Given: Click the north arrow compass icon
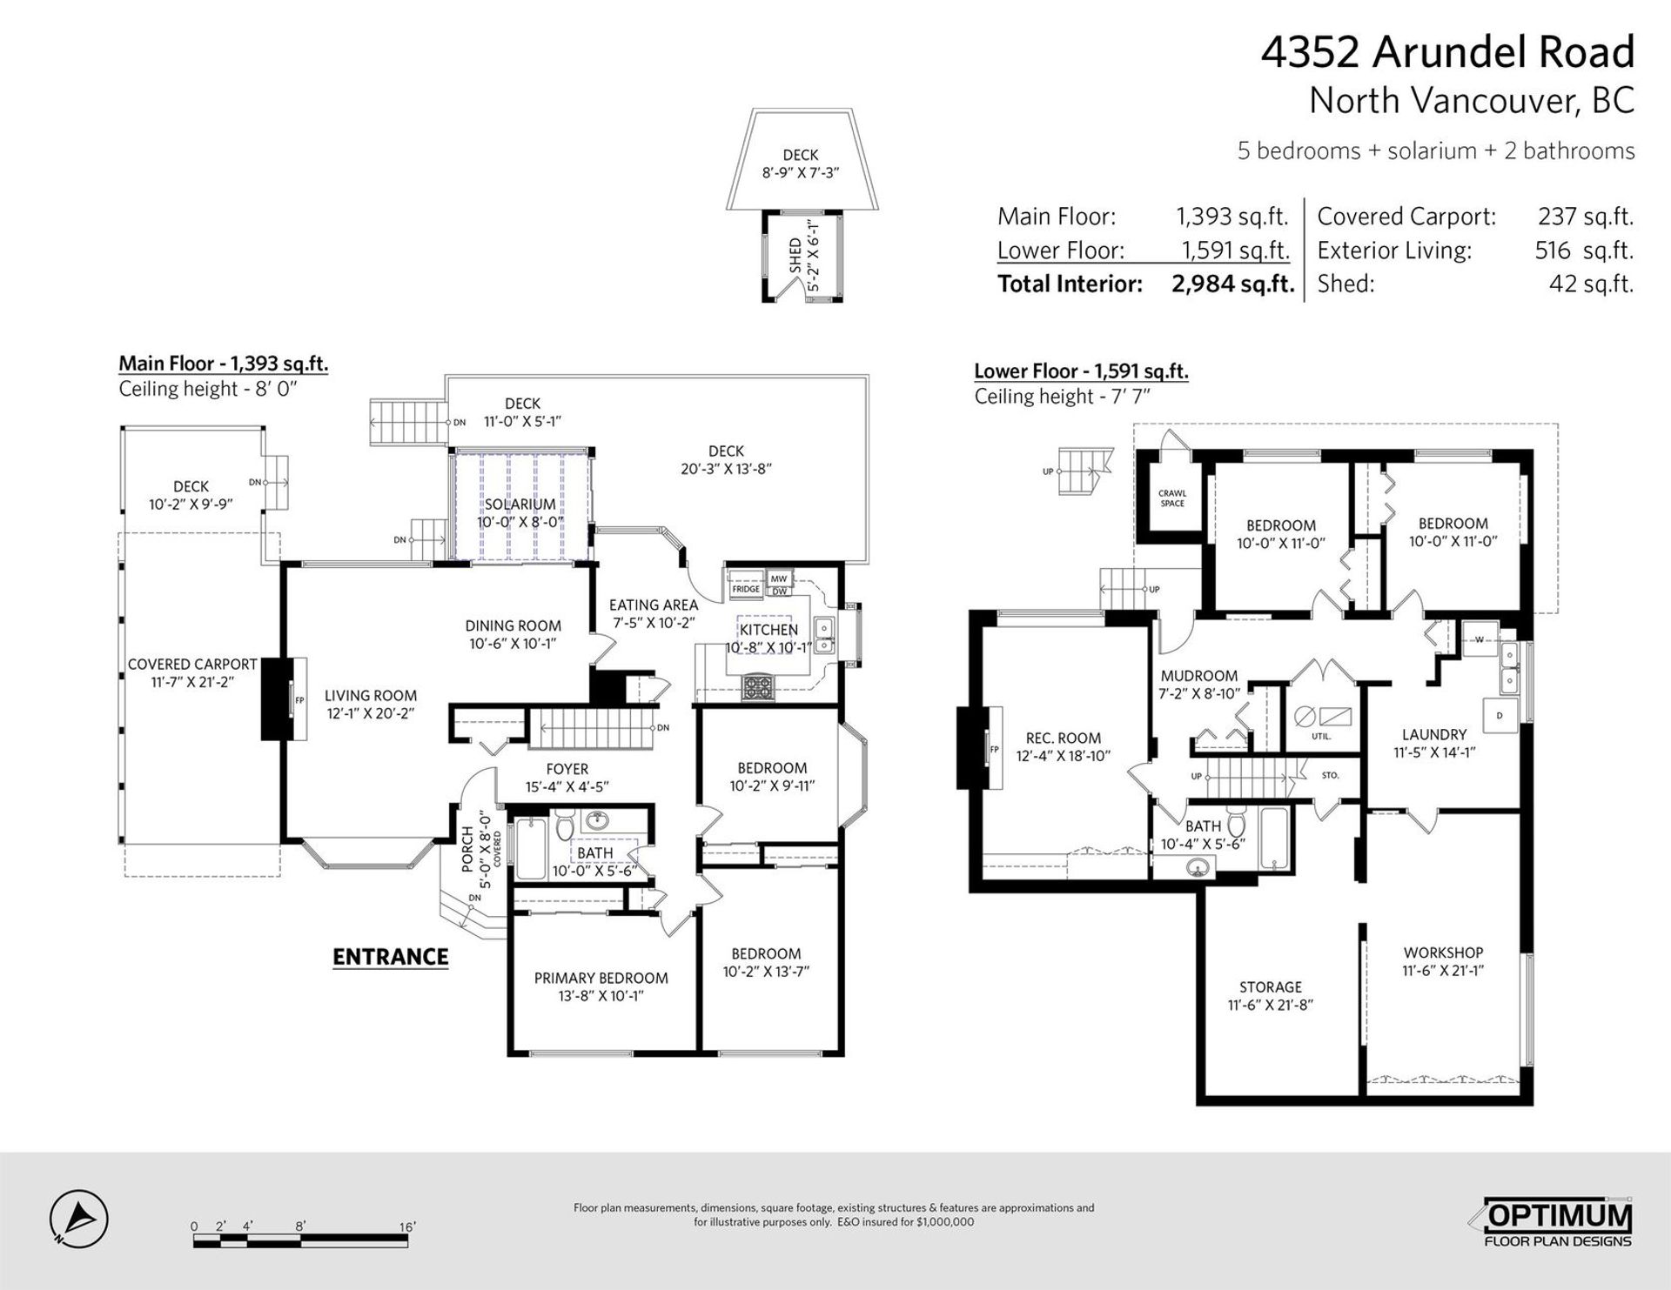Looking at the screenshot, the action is click(x=78, y=1215).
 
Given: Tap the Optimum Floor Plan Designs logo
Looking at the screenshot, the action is click(x=1558, y=1224).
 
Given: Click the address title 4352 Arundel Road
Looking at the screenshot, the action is click(x=1448, y=52).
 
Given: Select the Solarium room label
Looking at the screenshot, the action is click(x=520, y=505).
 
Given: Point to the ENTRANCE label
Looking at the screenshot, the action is click(x=391, y=957).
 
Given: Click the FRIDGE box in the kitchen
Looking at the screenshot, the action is click(x=746, y=589).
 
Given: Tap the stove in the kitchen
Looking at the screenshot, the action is click(x=756, y=688).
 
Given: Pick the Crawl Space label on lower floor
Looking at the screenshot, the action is click(x=1172, y=498).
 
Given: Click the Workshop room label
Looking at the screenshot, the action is click(x=1443, y=953).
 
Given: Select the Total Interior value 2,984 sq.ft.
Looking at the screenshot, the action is click(x=1233, y=284).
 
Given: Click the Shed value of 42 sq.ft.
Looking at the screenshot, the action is click(x=1591, y=284).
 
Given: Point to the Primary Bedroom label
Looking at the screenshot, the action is click(x=601, y=979).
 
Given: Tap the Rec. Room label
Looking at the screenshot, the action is click(x=1064, y=739).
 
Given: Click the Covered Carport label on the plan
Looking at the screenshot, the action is click(x=192, y=665).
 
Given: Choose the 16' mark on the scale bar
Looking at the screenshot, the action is click(x=407, y=1227).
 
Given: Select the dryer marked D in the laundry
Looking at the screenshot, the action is click(x=1499, y=716).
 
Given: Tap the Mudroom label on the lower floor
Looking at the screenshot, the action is click(x=1199, y=676).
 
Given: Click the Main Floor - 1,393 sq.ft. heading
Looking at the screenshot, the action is click(x=224, y=364).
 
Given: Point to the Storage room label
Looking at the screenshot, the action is click(x=1271, y=987).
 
